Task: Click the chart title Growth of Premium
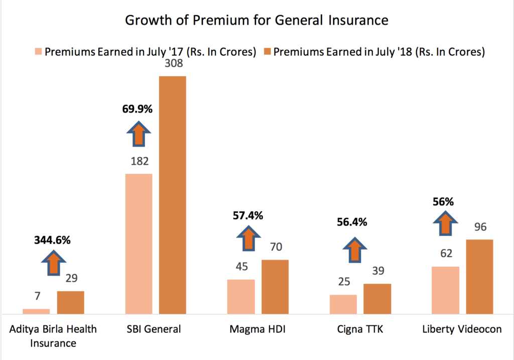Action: tap(256, 21)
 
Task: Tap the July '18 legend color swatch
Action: tap(267, 52)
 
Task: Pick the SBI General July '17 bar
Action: tap(138, 244)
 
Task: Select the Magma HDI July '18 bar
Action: tap(275, 287)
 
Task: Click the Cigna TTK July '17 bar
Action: tap(343, 304)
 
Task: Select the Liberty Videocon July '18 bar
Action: tap(480, 276)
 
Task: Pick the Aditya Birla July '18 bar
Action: tap(70, 302)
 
